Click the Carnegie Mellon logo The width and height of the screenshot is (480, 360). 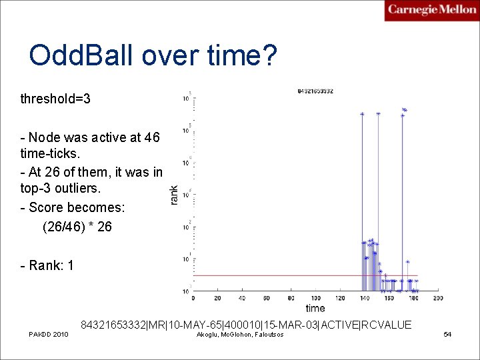point(431,10)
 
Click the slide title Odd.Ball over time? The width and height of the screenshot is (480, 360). point(152,55)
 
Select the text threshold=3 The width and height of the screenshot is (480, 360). point(55,99)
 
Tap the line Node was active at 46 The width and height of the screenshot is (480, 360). point(91,137)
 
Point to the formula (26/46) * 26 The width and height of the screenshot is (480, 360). point(77,227)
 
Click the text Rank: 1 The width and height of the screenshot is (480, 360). point(47,266)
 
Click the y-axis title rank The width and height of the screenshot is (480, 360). point(174,195)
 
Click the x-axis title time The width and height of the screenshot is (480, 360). point(315,308)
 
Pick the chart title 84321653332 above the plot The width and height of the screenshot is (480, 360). point(315,91)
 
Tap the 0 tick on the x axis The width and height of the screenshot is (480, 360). point(194,298)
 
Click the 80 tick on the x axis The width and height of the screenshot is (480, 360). point(291,298)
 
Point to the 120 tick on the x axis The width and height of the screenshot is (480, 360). point(340,298)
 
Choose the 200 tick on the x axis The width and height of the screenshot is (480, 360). point(437,298)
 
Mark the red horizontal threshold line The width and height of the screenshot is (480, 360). point(280,275)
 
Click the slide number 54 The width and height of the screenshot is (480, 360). point(447,334)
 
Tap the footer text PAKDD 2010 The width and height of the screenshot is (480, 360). point(48,334)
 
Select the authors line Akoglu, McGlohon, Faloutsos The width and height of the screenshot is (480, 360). point(240,334)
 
